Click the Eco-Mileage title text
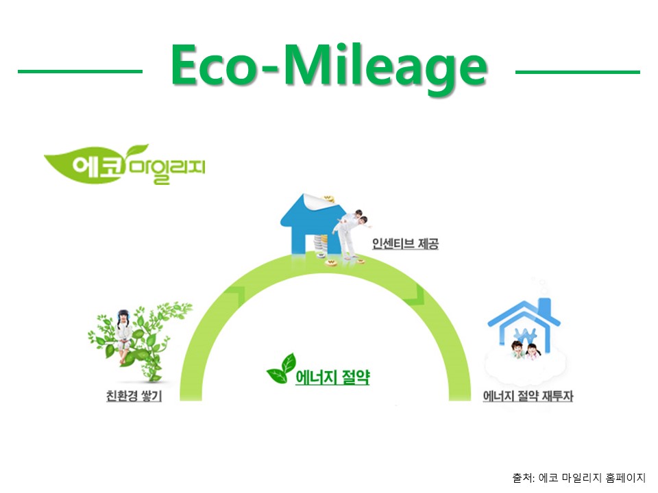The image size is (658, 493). click(329, 67)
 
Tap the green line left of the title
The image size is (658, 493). click(80, 72)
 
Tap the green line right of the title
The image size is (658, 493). click(577, 72)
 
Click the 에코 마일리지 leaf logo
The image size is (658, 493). click(125, 164)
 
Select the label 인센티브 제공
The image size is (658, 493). click(405, 244)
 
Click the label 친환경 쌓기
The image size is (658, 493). click(134, 396)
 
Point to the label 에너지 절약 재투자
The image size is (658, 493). click(528, 396)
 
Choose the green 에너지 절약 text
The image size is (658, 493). click(333, 377)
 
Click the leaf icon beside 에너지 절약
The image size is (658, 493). click(281, 369)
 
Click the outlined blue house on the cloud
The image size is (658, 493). click(524, 324)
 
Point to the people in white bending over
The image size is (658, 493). click(352, 234)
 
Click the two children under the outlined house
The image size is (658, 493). click(525, 350)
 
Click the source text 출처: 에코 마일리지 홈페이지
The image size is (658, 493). click(578, 477)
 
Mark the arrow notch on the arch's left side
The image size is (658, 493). click(236, 295)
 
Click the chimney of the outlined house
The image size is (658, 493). click(544, 307)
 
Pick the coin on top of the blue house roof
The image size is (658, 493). click(328, 199)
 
